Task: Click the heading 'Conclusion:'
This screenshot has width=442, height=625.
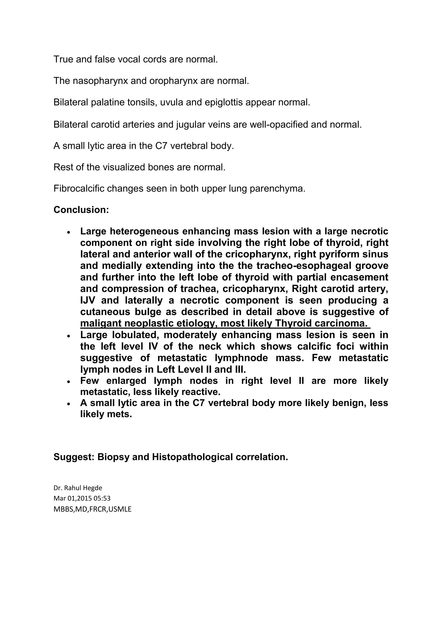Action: tap(81, 210)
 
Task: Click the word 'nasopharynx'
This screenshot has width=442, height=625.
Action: tap(100, 81)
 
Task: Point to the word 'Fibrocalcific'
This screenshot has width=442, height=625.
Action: tap(79, 189)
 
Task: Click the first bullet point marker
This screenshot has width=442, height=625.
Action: tap(69, 232)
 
